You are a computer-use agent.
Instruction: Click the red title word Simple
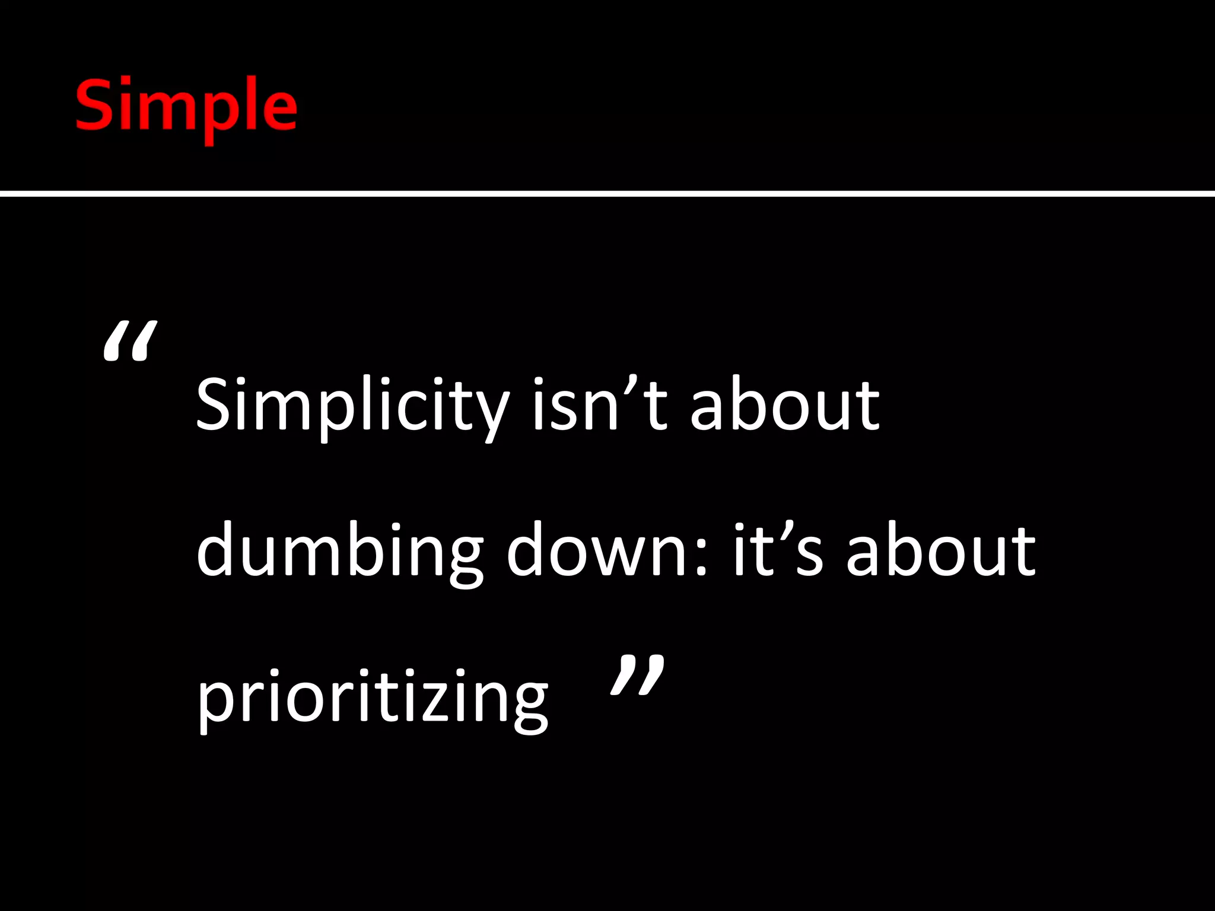[x=186, y=107]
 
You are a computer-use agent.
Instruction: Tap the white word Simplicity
[x=352, y=406]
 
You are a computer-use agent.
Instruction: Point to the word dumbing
[x=339, y=552]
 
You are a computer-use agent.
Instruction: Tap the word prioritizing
[x=372, y=697]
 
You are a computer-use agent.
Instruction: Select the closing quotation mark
[x=637, y=675]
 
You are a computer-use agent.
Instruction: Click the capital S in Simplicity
[x=213, y=405]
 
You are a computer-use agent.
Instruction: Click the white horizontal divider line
[x=607, y=193]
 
